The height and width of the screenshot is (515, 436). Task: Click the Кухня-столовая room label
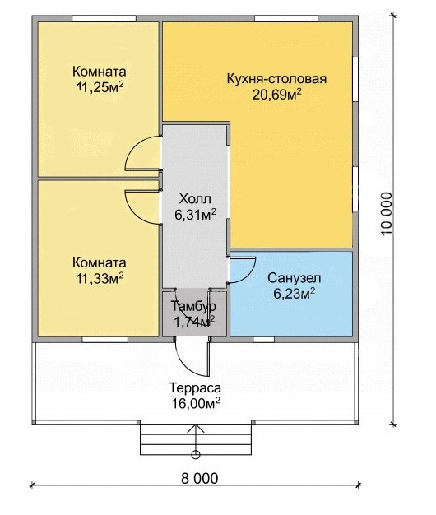276,79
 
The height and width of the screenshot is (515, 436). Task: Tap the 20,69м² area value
277,95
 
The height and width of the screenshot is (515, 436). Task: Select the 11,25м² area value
100,87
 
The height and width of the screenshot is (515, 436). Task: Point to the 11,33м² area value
100,279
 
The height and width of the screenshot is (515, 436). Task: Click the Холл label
195,199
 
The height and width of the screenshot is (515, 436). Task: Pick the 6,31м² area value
195,215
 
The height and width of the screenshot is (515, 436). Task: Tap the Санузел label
295,278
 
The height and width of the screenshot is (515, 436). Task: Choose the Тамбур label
193,306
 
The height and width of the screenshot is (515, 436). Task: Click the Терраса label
195,387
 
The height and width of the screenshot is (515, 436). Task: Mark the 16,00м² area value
195,403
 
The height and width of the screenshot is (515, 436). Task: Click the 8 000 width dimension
199,479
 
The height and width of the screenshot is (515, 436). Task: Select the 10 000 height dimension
387,214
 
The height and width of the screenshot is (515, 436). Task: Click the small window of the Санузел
263,340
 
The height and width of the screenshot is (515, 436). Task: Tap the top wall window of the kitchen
286,18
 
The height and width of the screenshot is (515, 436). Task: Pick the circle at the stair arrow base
196,455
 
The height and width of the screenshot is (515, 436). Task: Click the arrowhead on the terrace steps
196,429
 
